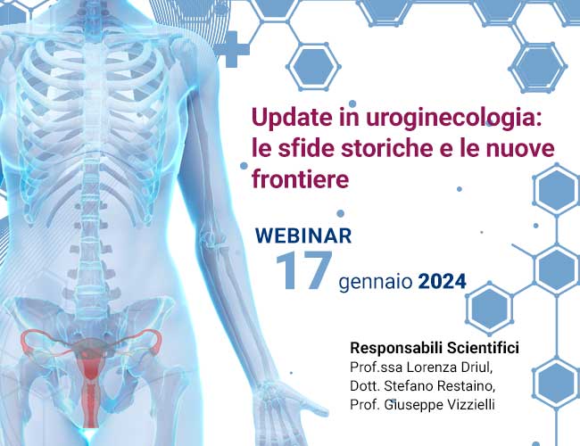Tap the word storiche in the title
387,148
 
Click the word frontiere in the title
301,178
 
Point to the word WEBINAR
303,235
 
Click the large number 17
304,270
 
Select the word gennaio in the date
376,283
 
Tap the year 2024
443,282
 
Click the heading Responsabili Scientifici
435,348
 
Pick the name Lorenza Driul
450,368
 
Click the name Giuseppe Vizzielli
439,405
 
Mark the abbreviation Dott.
365,385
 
